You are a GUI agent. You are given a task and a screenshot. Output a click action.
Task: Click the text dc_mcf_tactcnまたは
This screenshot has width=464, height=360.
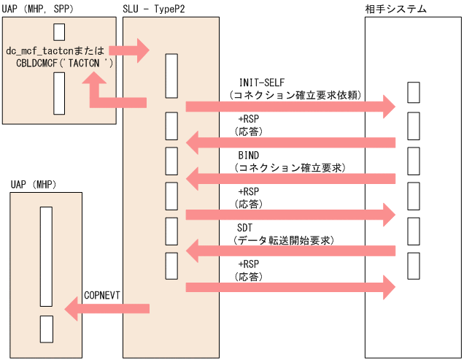tap(56, 51)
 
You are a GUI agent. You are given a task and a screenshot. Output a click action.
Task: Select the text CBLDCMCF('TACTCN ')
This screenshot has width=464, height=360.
tap(64, 64)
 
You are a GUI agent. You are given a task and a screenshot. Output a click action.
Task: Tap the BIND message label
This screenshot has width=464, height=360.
tap(249, 156)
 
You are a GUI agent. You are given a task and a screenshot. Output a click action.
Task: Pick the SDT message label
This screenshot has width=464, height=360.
tap(246, 228)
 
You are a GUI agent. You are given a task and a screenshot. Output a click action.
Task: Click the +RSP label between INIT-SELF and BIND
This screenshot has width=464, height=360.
tap(248, 119)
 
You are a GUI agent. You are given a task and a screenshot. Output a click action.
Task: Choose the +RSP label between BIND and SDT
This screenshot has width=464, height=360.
tap(248, 191)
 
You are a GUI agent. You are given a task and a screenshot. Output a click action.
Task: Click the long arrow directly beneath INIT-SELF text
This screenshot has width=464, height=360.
tap(290, 107)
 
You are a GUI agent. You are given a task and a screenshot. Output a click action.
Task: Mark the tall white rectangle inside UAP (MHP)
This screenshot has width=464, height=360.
tap(46, 256)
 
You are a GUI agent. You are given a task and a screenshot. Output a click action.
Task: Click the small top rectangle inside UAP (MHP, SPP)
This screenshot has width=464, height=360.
tap(59, 32)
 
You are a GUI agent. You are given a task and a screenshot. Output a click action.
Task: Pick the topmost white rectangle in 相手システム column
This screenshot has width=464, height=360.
tap(413, 93)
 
